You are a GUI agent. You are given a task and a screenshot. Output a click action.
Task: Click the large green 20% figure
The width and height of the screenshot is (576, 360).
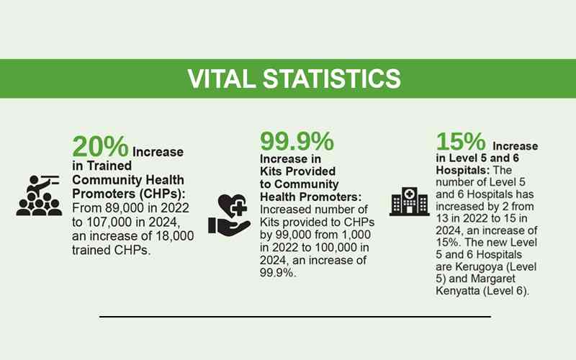(x=100, y=147)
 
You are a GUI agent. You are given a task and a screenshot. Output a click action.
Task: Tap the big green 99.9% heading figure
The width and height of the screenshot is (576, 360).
(x=297, y=141)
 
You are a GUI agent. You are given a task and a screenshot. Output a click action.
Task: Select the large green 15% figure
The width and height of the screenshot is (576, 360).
(x=461, y=141)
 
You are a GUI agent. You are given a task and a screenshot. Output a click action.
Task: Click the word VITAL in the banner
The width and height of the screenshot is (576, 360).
(x=222, y=78)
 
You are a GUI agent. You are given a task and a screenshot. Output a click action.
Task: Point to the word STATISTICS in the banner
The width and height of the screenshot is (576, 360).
(x=332, y=78)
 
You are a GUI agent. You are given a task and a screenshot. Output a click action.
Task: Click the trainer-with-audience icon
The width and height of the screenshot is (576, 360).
(x=39, y=195)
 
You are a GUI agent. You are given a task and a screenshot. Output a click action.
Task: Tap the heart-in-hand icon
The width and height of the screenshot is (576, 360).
(x=229, y=215)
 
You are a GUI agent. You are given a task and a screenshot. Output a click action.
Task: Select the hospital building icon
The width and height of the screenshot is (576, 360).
(x=409, y=202)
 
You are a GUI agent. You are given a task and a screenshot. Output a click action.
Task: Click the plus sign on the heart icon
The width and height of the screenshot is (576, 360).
(x=239, y=209)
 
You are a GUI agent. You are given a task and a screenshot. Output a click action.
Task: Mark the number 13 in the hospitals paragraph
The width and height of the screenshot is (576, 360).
(x=442, y=218)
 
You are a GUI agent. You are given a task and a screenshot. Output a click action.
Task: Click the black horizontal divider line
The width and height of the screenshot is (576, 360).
(x=295, y=316)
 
